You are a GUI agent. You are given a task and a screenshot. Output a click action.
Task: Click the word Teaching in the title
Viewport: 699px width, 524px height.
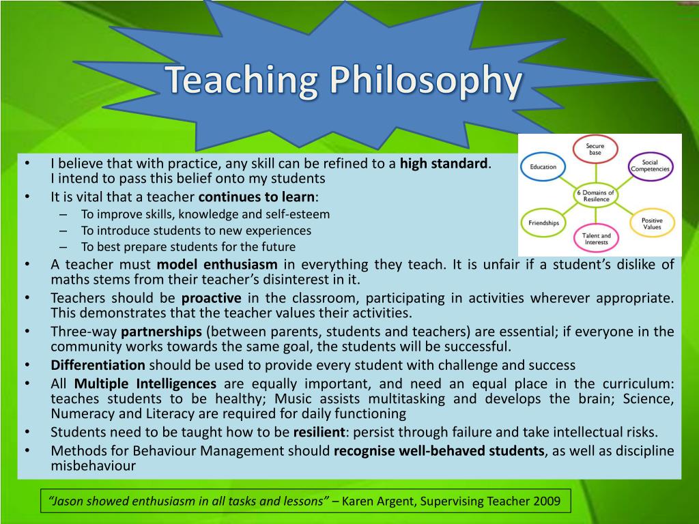pos(241,81)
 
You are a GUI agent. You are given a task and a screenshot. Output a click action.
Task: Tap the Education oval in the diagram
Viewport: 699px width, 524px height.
pos(543,166)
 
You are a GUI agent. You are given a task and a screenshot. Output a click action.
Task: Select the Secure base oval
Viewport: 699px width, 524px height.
pos(595,149)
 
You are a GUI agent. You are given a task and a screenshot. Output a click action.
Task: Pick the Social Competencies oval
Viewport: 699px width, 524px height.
pos(650,166)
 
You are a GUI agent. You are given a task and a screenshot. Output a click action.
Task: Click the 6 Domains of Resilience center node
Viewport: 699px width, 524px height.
pos(595,196)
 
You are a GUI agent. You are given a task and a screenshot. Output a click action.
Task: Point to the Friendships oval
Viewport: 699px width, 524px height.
pos(543,223)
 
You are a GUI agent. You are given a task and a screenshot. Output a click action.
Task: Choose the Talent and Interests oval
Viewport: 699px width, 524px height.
pos(596,238)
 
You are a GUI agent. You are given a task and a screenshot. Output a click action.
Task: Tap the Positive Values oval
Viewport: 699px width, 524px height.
pos(652,223)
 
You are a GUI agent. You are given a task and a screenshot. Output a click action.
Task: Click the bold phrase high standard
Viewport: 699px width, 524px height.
pos(444,164)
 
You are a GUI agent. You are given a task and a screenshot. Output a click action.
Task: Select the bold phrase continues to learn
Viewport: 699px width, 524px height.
pos(257,196)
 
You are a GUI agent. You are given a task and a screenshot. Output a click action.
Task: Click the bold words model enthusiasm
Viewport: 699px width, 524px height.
pos(217,264)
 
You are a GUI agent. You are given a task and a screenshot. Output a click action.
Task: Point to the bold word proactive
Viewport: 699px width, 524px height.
pos(212,298)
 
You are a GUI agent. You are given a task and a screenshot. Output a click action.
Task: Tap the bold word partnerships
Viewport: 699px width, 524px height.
pos(161,332)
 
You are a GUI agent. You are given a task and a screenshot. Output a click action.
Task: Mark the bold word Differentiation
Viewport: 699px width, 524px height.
pos(98,365)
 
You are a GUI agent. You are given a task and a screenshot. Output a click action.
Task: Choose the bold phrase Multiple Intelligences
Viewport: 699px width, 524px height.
pos(145,383)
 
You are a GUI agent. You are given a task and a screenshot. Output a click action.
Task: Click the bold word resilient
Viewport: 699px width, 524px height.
pos(319,432)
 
